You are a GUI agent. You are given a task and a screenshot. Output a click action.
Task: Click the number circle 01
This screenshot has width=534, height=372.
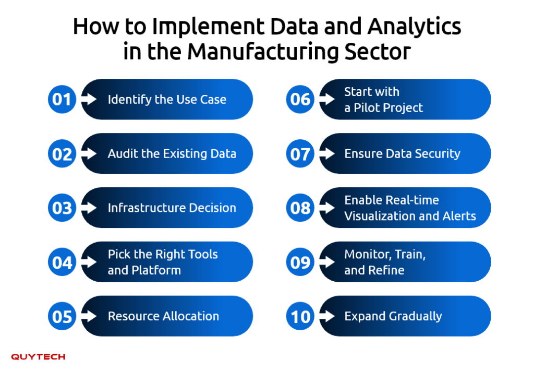click(x=62, y=99)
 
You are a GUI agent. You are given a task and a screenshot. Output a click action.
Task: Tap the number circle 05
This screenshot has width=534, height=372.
click(x=62, y=316)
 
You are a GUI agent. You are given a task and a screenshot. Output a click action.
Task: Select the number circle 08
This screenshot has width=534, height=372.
click(x=300, y=208)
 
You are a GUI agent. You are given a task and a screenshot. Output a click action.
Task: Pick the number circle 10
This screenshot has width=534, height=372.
click(x=300, y=316)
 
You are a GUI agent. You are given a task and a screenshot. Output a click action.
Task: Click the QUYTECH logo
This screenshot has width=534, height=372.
click(x=38, y=357)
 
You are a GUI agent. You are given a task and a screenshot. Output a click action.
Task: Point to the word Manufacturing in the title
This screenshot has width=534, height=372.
click(x=263, y=52)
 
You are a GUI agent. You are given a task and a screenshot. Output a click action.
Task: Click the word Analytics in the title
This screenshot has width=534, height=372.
click(x=414, y=27)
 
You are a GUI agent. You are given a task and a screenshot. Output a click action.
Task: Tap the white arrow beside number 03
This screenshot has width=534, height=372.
click(x=89, y=208)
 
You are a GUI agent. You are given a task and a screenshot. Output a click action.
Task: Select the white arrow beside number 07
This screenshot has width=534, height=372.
click(x=327, y=153)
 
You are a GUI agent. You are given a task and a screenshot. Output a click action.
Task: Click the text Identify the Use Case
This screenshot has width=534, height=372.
click(x=167, y=100)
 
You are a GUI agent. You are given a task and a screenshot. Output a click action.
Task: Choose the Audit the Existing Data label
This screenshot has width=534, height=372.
click(x=172, y=153)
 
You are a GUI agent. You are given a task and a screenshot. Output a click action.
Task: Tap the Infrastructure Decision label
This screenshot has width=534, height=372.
click(x=172, y=208)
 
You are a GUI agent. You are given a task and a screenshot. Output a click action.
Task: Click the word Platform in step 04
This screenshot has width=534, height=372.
click(x=156, y=270)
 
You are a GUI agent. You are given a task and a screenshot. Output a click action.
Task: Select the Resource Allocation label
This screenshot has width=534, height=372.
click(x=163, y=316)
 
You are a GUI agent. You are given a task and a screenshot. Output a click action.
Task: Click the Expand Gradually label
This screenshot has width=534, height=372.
click(x=393, y=317)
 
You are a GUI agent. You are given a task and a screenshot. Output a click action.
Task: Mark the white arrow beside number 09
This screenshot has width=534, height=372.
click(x=327, y=262)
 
